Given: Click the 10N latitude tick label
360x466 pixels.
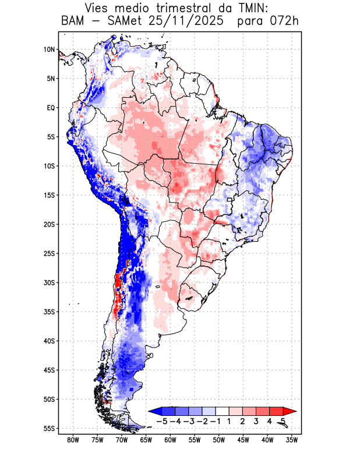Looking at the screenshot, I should point(49,50).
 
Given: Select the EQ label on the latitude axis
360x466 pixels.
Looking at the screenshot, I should point(50,108).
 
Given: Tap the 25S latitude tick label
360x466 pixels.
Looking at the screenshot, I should point(48,253).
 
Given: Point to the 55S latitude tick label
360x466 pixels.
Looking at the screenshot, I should point(48,428).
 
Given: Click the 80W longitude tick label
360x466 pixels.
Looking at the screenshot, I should point(73,440).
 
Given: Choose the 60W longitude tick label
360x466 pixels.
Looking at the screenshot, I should point(170,440).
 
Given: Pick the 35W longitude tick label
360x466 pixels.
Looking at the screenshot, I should point(292,440).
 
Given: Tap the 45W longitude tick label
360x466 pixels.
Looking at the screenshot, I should point(243,440).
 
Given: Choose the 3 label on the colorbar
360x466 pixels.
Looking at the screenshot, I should point(256,421).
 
